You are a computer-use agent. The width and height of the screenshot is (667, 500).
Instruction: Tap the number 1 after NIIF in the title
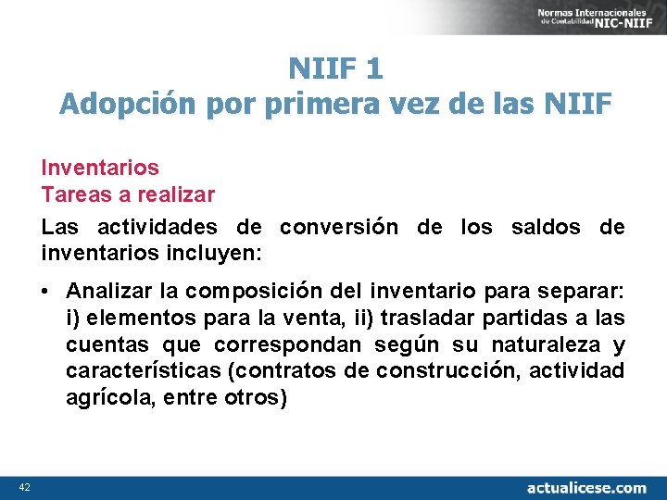click(373, 69)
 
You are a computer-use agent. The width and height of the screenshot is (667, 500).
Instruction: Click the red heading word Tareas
click(74, 195)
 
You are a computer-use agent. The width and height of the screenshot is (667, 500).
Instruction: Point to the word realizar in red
click(176, 195)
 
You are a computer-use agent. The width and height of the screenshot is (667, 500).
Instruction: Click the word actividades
click(154, 228)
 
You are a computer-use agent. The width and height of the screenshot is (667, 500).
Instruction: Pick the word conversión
click(339, 228)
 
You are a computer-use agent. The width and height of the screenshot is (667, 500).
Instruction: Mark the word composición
click(250, 293)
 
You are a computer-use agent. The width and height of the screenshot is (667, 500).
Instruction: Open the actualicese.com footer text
click(586, 487)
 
